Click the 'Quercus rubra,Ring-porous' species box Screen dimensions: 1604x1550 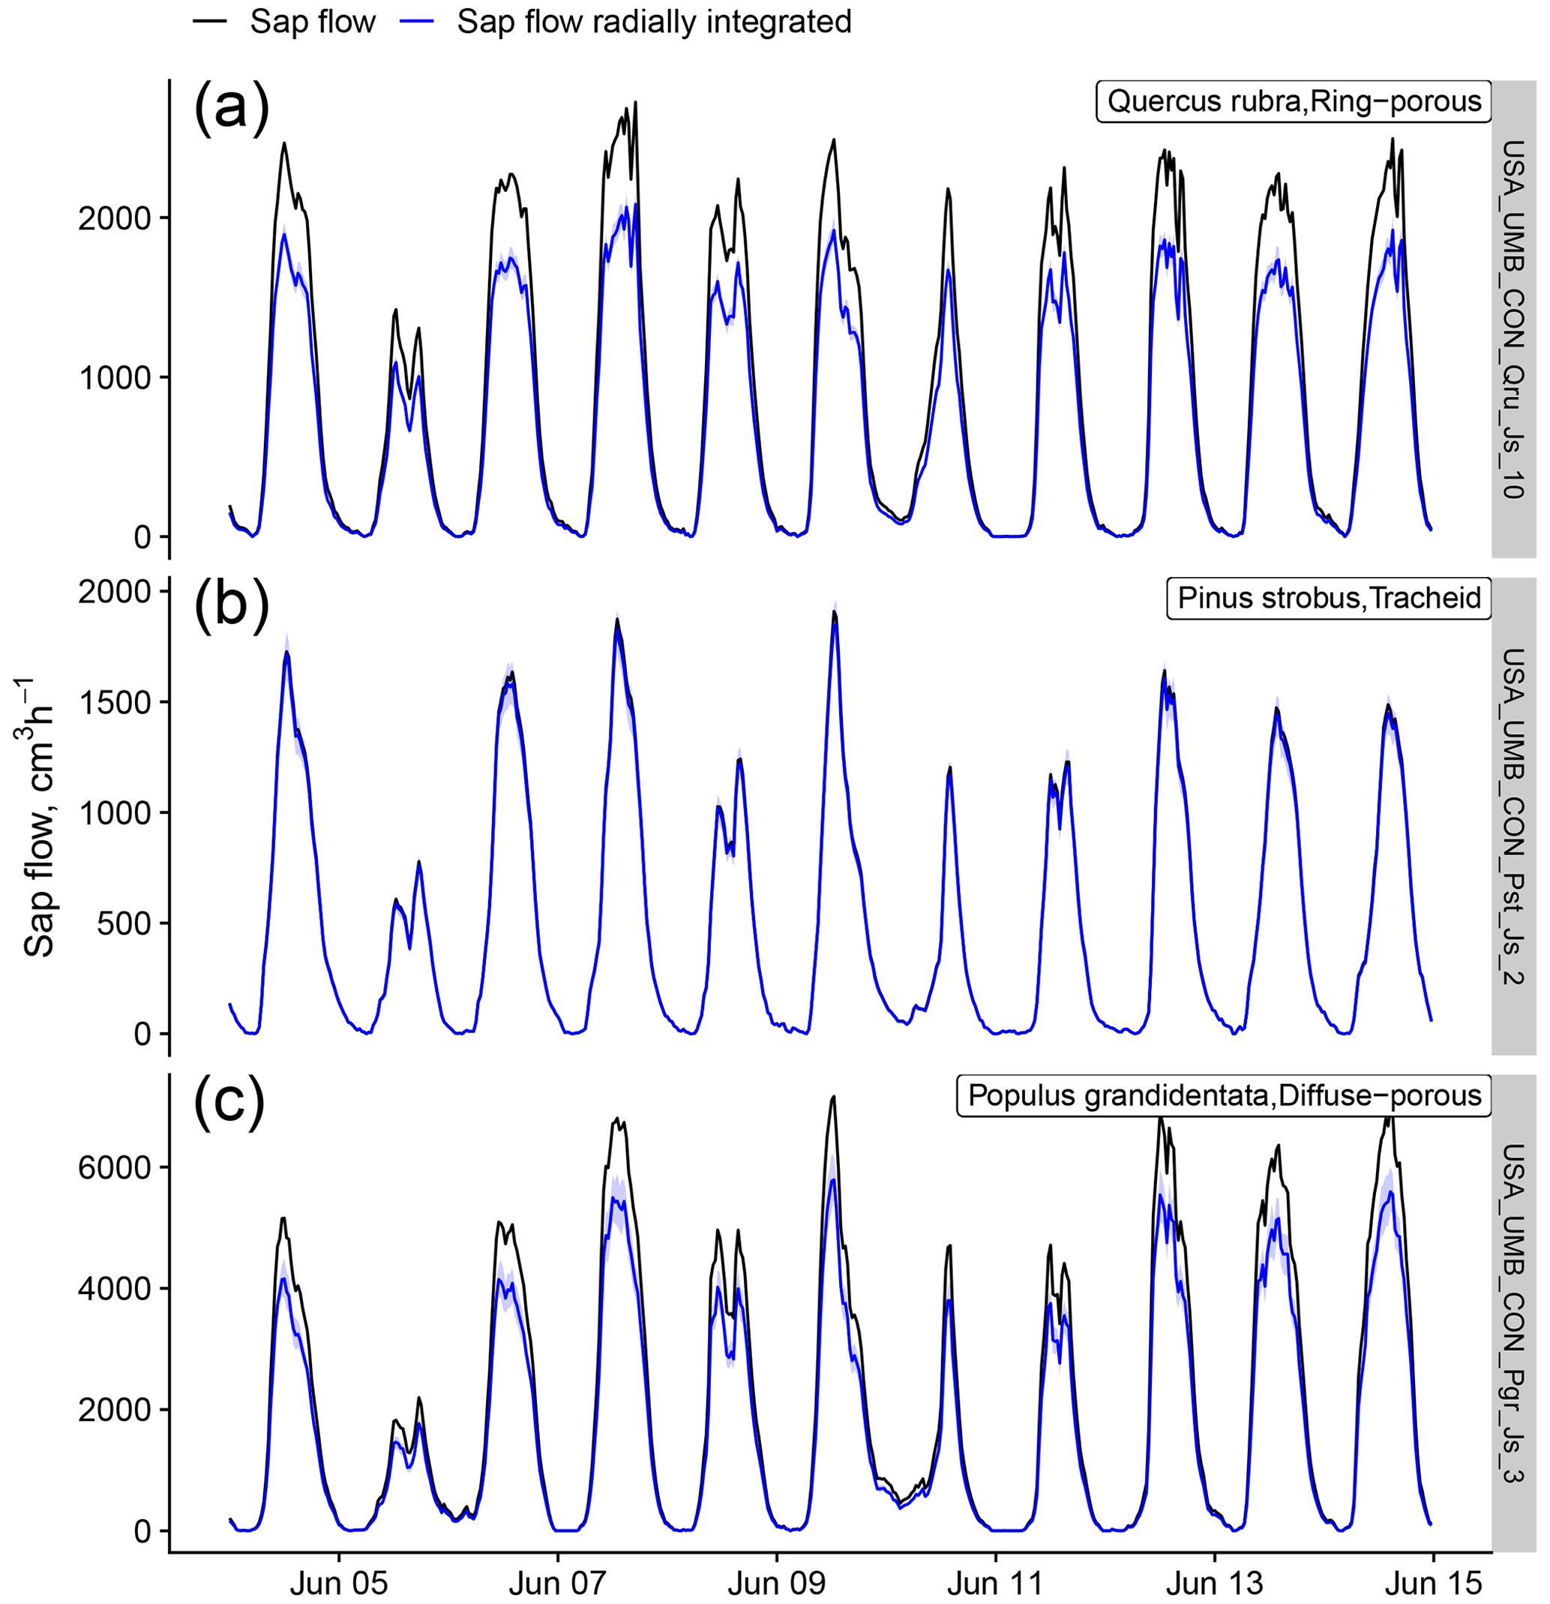[x=1293, y=101]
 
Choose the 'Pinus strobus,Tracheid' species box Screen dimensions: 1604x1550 [x=1328, y=598]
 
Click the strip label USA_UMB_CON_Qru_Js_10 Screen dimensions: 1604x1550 [x=1513, y=319]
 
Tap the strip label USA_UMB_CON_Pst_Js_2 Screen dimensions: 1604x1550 [x=1513, y=816]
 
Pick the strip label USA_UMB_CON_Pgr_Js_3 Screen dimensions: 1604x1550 [x=1513, y=1314]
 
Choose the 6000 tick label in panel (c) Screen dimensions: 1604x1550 [x=115, y=1168]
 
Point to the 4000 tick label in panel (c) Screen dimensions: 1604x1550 [x=115, y=1289]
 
